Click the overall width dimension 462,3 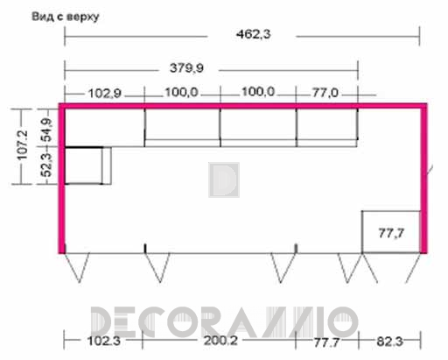[253, 34]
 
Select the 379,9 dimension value [186, 68]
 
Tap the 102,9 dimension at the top [104, 94]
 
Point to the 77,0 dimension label [325, 93]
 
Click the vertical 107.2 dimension [23, 145]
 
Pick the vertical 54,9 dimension [46, 131]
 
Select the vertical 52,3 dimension [46, 165]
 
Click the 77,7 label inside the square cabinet [391, 233]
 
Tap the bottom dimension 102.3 [104, 341]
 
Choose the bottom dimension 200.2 [220, 341]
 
